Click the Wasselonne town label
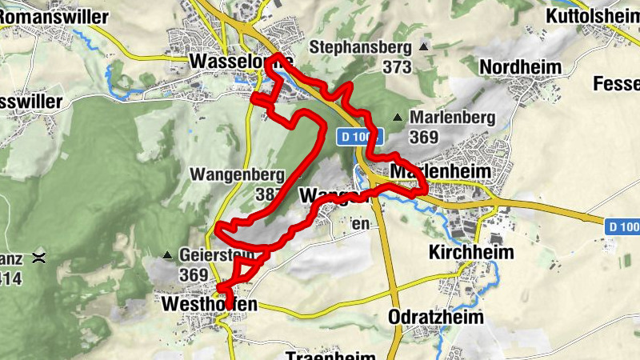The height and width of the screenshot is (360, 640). pyautogui.click(x=241, y=61)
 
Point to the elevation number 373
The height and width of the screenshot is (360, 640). pyautogui.click(x=396, y=67)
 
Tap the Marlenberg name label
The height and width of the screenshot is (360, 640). pyautogui.click(x=452, y=118)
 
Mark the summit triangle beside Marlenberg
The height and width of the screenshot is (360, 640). pyautogui.click(x=397, y=118)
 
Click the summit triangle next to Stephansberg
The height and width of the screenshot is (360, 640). pyautogui.click(x=424, y=47)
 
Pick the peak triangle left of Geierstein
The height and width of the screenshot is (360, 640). pyautogui.click(x=166, y=255)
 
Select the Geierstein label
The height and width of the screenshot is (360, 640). pyautogui.click(x=217, y=255)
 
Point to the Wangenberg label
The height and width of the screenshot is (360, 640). pyautogui.click(x=237, y=174)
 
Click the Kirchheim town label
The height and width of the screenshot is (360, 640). pyautogui.click(x=470, y=251)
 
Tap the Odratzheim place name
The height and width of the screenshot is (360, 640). pyautogui.click(x=436, y=317)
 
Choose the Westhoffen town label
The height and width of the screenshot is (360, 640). pyautogui.click(x=210, y=305)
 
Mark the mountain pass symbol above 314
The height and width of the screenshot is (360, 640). pyautogui.click(x=38, y=258)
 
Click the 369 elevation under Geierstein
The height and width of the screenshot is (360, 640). pyautogui.click(x=194, y=275)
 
